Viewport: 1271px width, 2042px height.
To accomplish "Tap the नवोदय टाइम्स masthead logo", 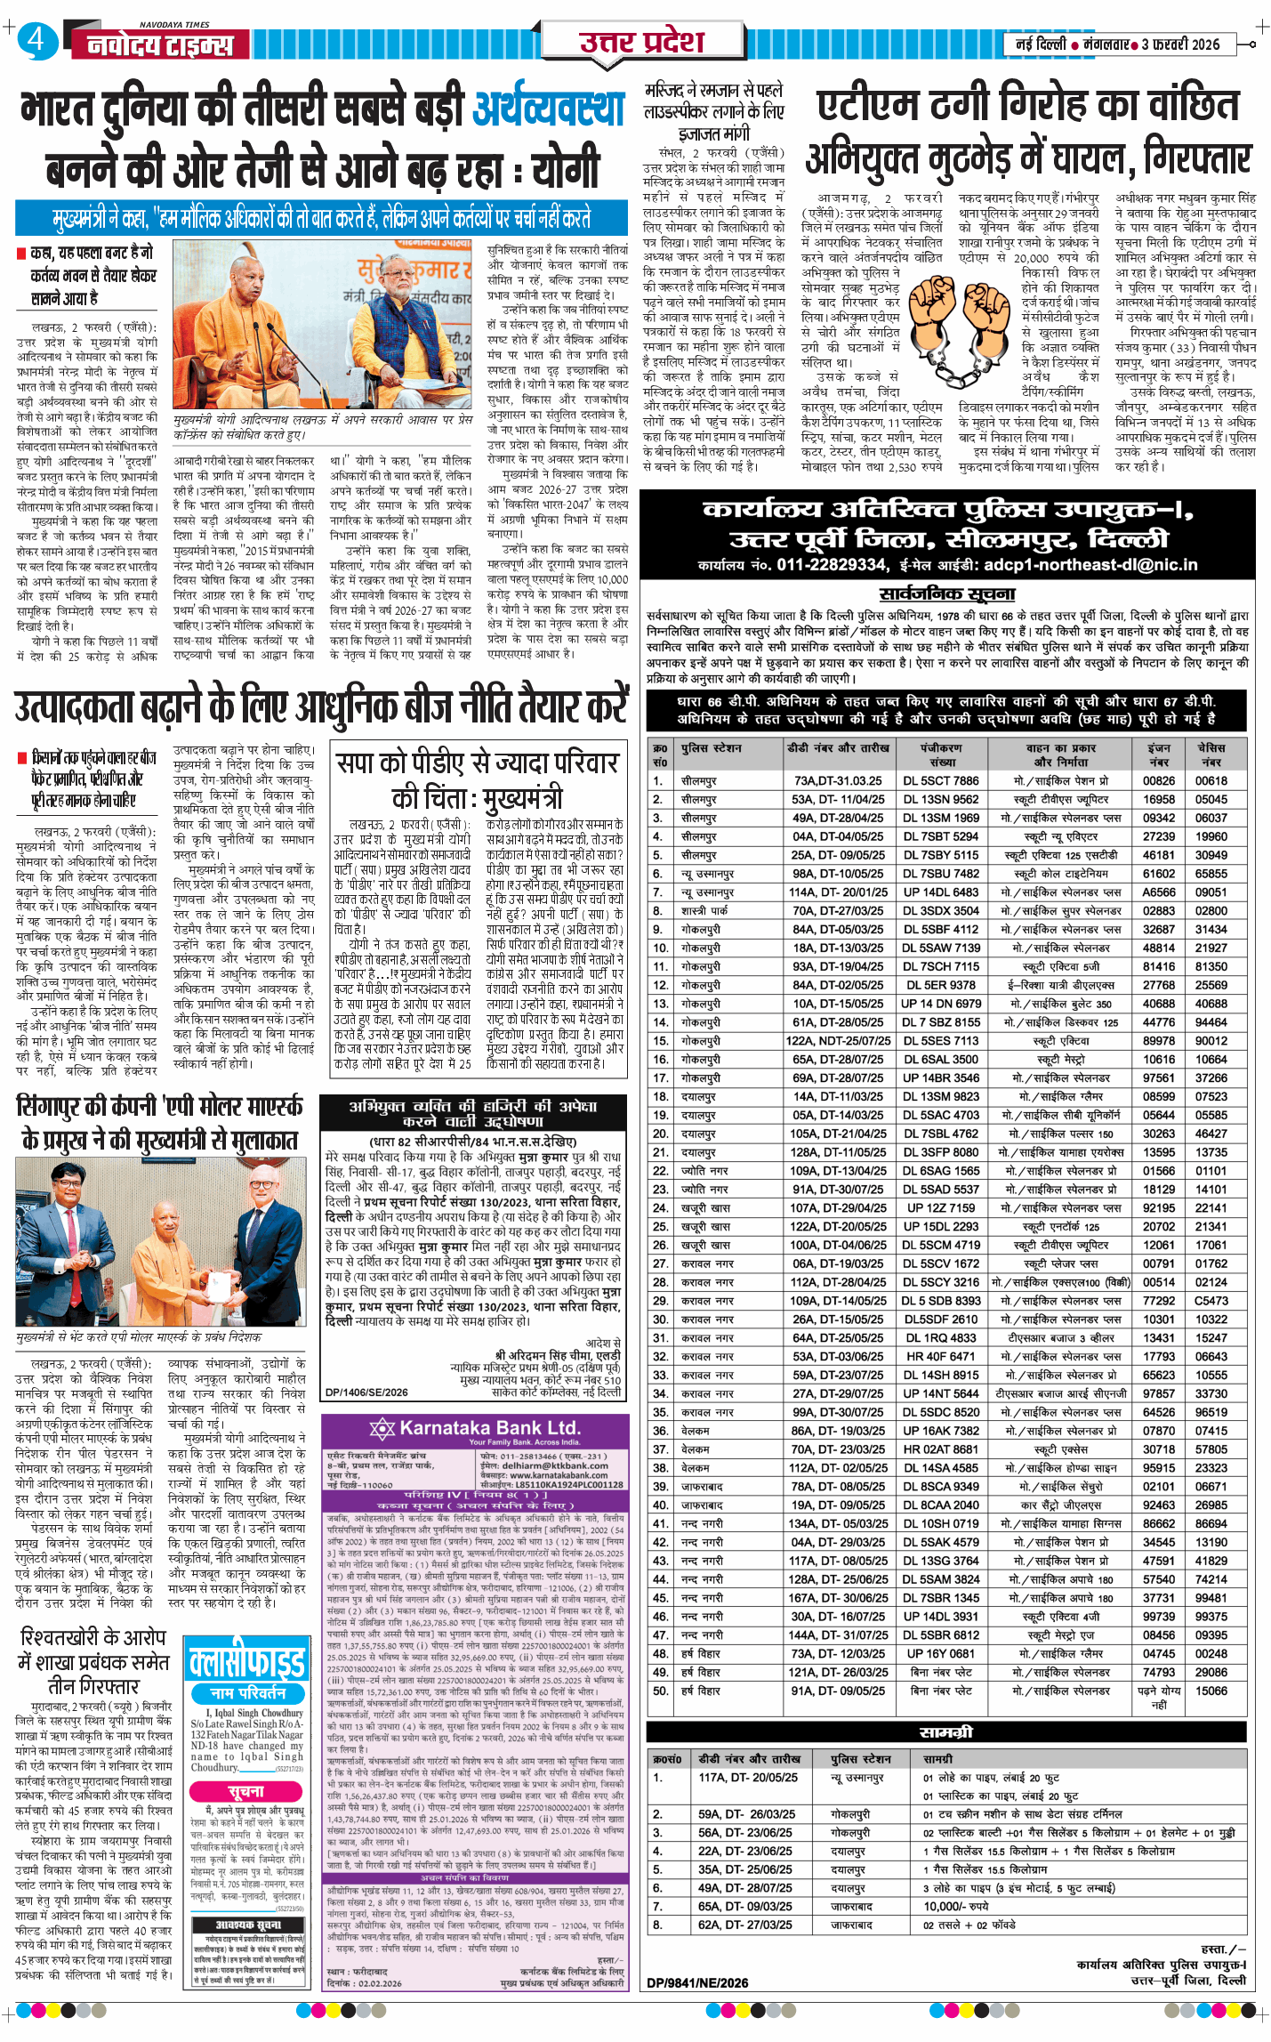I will (161, 44).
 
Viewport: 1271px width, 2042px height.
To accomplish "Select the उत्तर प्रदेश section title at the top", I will (641, 41).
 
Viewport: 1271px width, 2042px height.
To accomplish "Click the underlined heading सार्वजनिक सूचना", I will (947, 593).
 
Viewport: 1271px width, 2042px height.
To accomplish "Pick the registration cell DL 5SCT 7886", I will (941, 780).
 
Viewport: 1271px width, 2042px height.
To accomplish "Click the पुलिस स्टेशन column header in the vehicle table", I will (712, 748).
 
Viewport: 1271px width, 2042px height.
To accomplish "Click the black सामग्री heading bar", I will (947, 1732).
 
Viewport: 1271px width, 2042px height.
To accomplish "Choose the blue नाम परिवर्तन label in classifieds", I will (247, 1692).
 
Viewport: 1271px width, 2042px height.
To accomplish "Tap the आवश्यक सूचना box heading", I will (248, 1925).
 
